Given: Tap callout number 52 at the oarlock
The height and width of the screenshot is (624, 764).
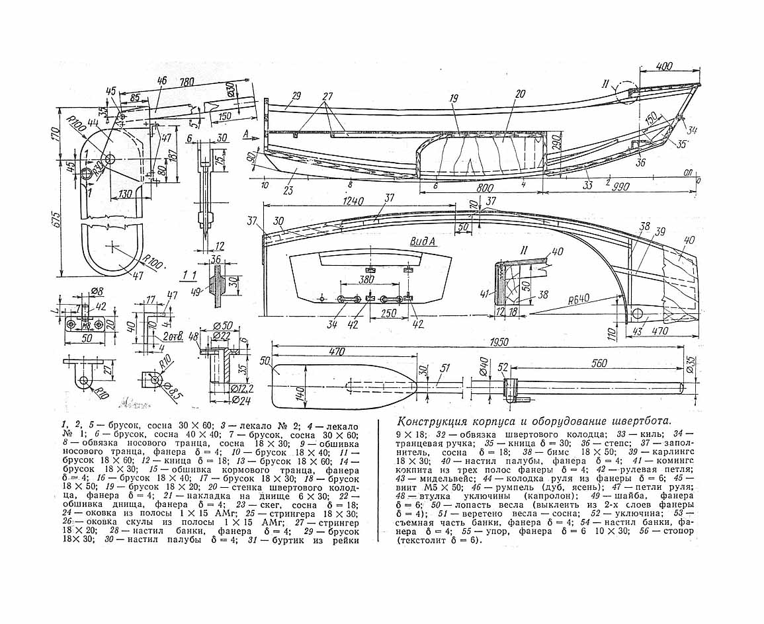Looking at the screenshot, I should click(x=504, y=367).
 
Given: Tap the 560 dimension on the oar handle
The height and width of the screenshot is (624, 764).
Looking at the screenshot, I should click(x=599, y=364).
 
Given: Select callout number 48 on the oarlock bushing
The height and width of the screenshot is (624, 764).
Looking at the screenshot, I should click(x=194, y=338).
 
